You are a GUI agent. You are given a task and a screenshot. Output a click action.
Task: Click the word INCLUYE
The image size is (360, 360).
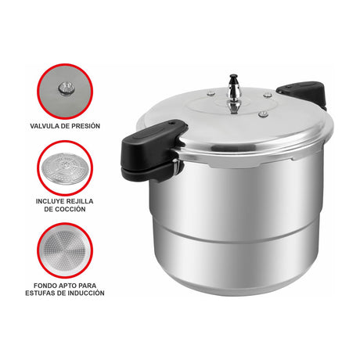(x=49, y=200)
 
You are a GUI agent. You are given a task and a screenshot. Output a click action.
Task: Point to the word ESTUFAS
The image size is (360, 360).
(x=48, y=293)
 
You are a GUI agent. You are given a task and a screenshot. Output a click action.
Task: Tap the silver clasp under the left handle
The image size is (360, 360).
(x=174, y=166)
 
